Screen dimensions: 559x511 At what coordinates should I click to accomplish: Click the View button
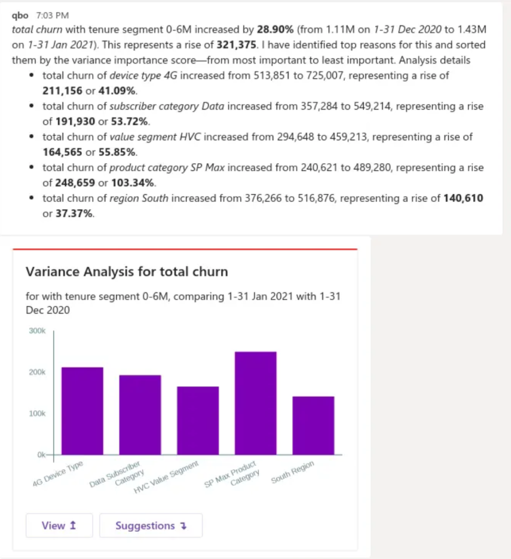(x=59, y=526)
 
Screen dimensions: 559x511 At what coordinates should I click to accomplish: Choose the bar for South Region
(x=313, y=425)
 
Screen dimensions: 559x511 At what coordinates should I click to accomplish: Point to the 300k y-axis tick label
(x=37, y=331)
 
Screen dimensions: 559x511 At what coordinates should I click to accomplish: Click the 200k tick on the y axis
(x=37, y=372)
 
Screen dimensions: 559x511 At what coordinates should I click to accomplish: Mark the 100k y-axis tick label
(x=37, y=413)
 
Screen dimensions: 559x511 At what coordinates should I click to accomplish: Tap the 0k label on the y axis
(x=40, y=455)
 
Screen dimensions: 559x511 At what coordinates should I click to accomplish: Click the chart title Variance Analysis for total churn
(x=127, y=271)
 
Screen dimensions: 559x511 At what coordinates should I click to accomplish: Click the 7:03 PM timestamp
(x=52, y=15)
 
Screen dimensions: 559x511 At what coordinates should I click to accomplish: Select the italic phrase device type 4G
(x=143, y=76)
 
